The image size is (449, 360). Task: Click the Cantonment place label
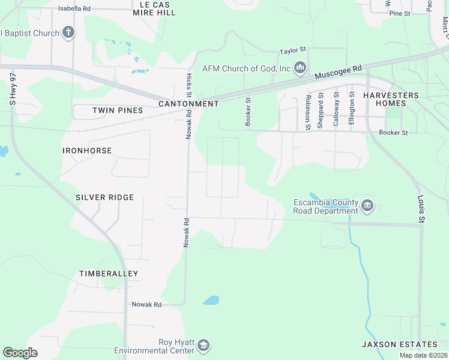coord(188,104)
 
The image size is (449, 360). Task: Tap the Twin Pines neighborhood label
coord(118,110)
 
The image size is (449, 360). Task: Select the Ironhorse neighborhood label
coord(87,151)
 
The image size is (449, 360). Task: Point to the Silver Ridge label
coord(104,197)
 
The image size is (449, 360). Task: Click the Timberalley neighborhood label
coord(109,274)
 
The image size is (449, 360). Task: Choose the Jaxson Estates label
coord(399,344)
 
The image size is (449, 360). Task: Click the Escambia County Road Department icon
coord(367,206)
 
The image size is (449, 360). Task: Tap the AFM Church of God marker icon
coord(300,68)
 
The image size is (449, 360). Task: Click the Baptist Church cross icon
coord(68,32)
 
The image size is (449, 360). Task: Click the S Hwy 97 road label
coord(12,90)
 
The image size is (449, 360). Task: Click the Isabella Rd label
coord(74,9)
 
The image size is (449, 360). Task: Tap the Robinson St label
coord(307,112)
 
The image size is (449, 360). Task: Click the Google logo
coord(20,352)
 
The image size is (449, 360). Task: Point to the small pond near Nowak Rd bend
coord(211,300)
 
